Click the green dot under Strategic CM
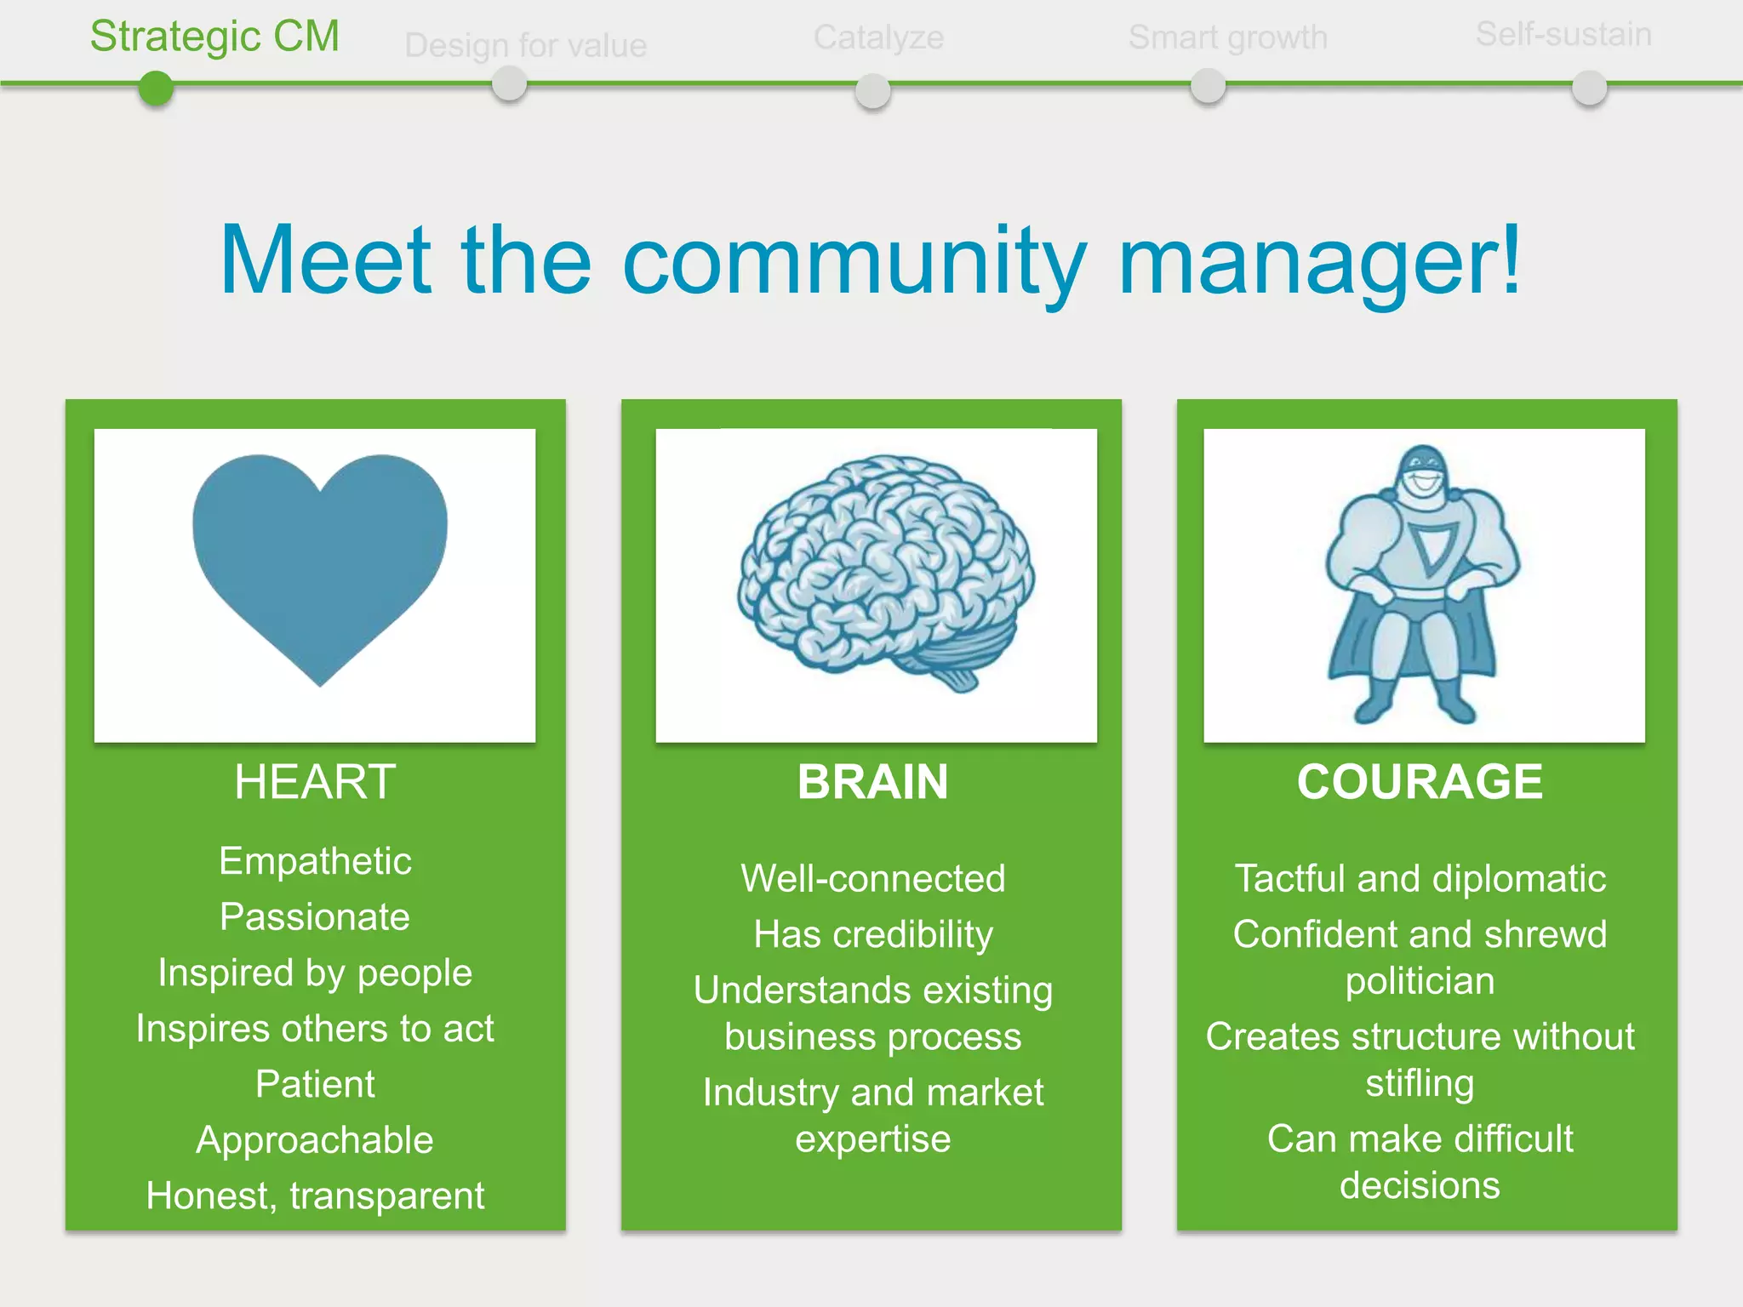coord(156,88)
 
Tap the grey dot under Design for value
coord(509,85)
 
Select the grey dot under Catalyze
coord(872,90)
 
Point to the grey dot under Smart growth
coord(1208,86)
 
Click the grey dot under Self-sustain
coord(1589,88)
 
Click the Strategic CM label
coord(214,37)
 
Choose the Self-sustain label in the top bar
coord(1563,35)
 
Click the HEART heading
coord(315,782)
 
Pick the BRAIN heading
coord(872,782)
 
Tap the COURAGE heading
coord(1420,782)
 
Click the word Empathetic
coord(315,861)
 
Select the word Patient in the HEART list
coord(315,1084)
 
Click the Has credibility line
coord(873,934)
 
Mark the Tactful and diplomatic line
coord(1420,879)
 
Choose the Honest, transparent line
coord(315,1196)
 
